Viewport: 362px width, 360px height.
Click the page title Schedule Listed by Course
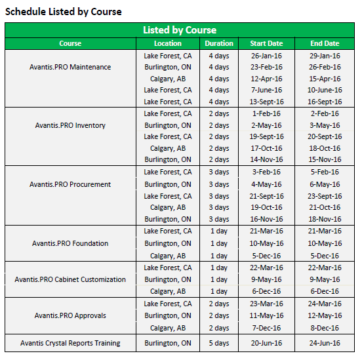point(64,11)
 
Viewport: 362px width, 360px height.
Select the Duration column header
point(219,43)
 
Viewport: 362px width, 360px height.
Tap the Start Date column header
point(266,43)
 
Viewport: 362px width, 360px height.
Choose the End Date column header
point(325,43)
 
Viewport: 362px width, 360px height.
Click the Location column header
point(168,43)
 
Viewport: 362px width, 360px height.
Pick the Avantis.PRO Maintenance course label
point(70,67)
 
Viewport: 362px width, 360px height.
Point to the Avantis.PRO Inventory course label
point(70,125)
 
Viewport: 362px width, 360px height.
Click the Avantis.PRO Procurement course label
point(70,184)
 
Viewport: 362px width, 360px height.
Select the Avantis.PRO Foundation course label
point(70,243)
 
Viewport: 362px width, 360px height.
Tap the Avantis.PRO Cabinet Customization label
point(70,279)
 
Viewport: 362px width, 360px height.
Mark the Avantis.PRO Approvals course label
point(70,315)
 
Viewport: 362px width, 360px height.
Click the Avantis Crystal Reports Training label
point(70,343)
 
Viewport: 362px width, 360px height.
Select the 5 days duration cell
point(219,343)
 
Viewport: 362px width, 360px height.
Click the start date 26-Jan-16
point(266,56)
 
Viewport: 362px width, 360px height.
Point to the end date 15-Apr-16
point(325,79)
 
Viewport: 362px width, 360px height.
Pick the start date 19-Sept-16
point(266,136)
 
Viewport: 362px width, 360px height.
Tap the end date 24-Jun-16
point(325,343)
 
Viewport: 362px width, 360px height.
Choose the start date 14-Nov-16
point(266,159)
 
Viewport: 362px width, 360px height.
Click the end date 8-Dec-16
point(325,327)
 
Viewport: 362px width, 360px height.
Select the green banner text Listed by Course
point(180,30)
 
